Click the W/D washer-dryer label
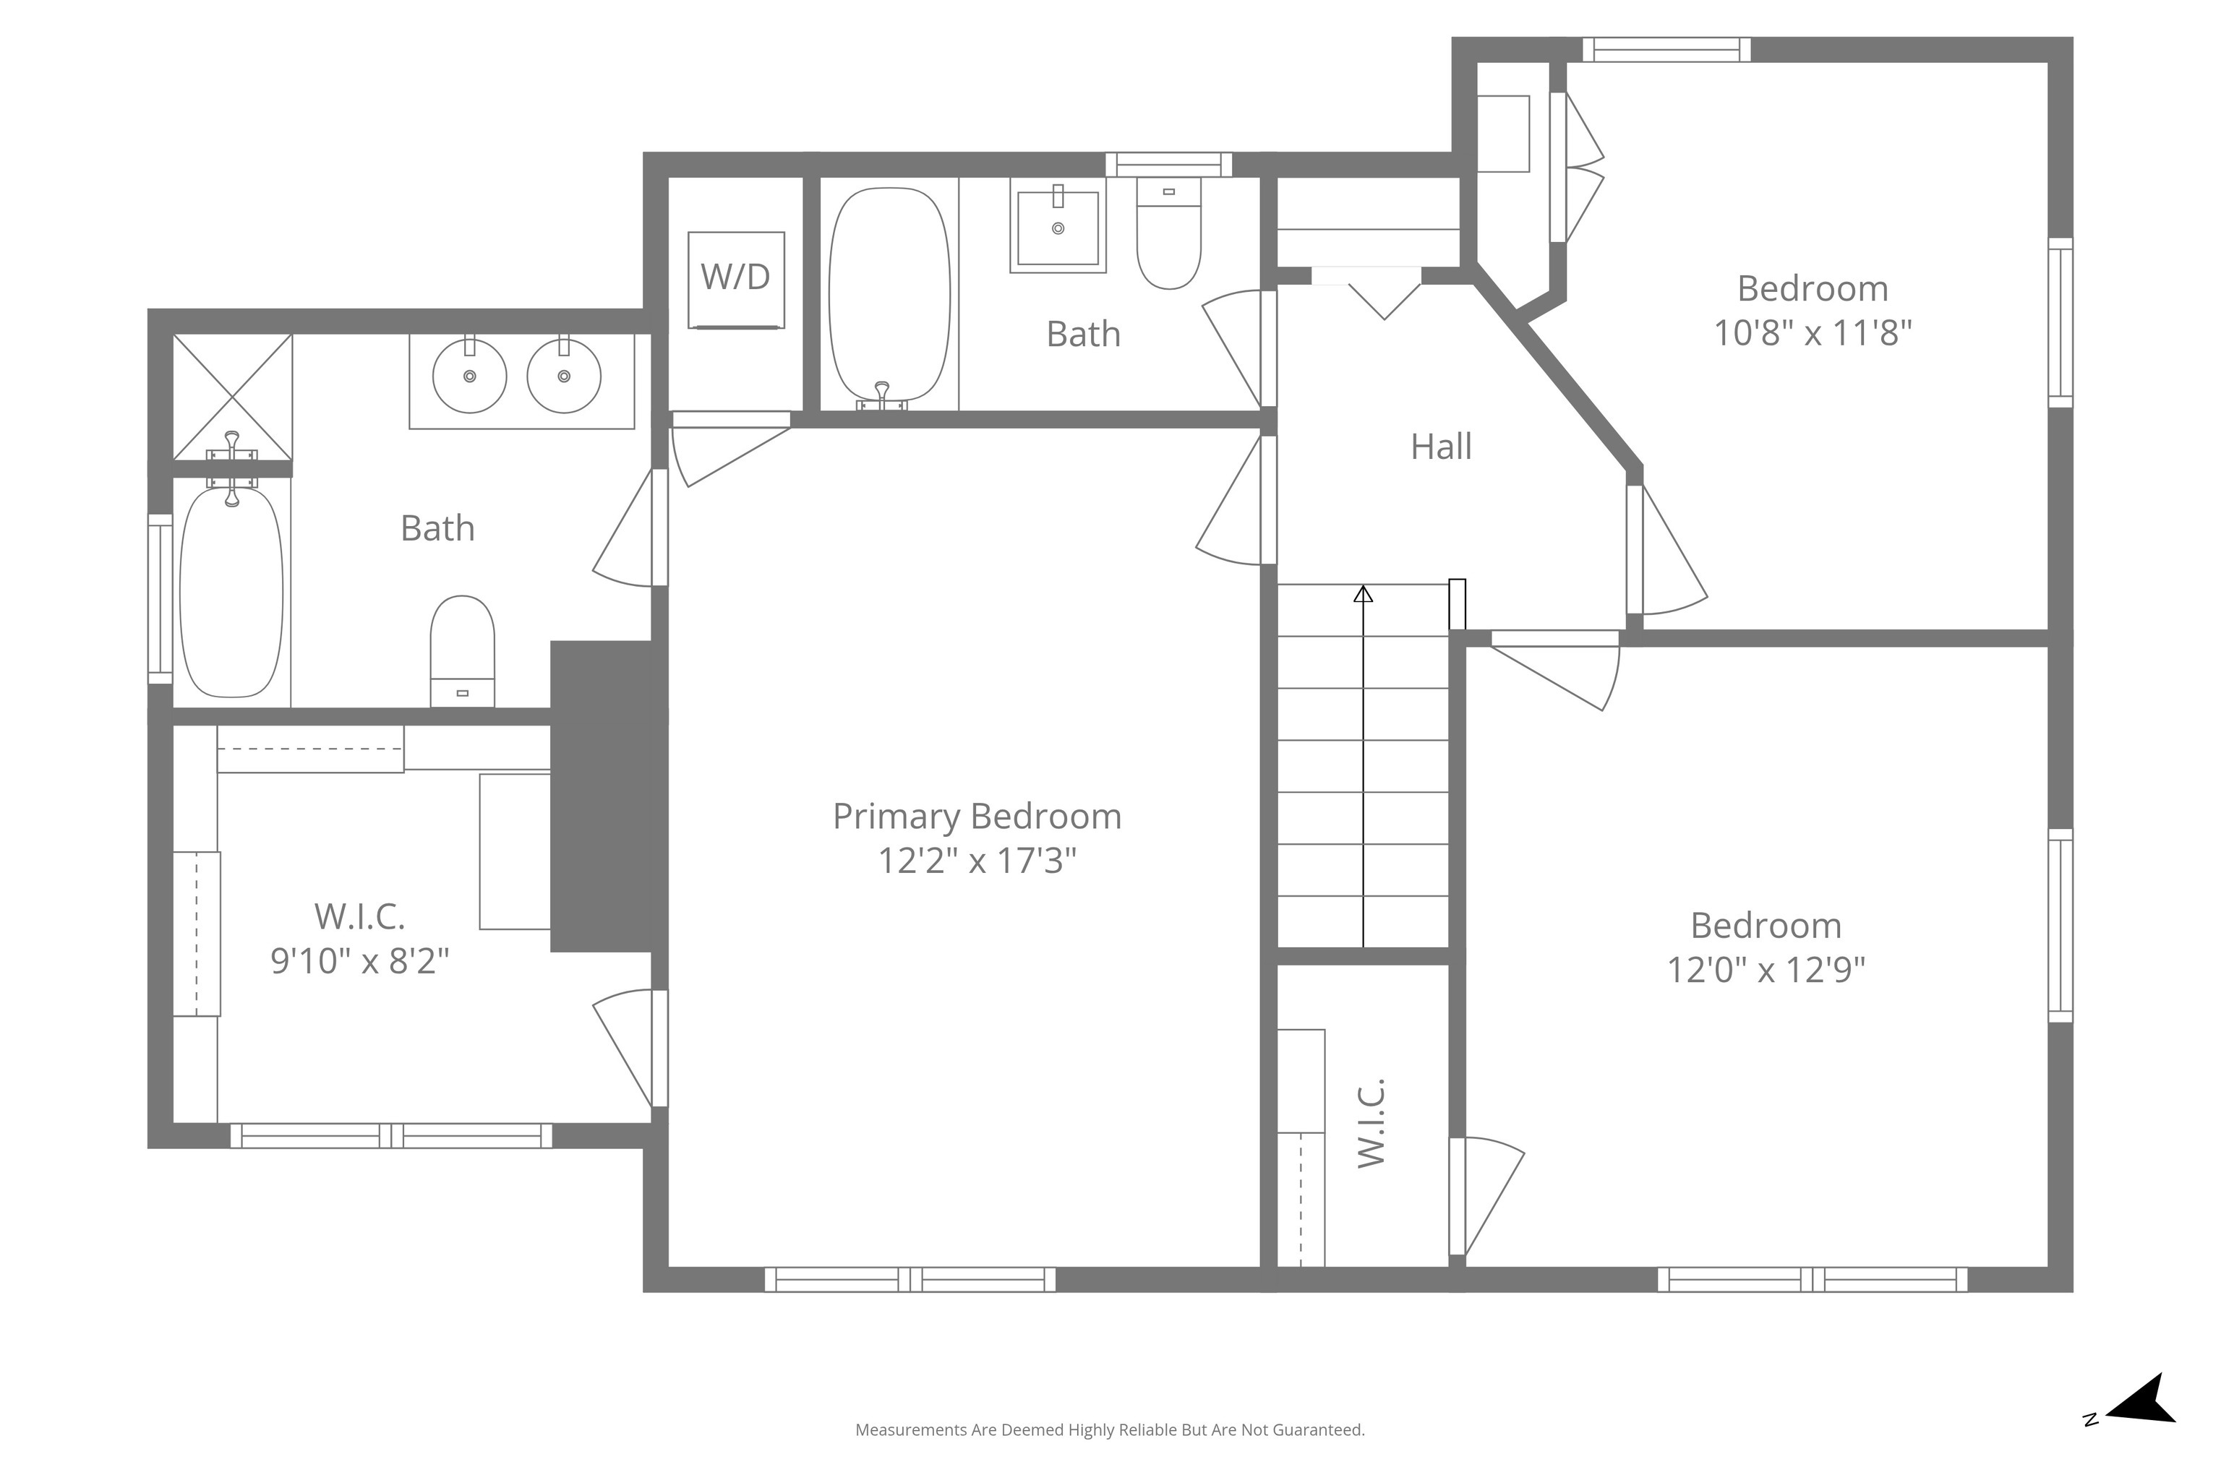(x=735, y=277)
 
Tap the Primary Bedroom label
(x=977, y=817)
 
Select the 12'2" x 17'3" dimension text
(x=977, y=861)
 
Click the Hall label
(x=1441, y=447)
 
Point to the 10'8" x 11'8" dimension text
(x=1813, y=333)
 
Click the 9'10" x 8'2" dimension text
(x=360, y=961)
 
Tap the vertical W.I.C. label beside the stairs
(x=1371, y=1122)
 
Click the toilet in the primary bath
(x=463, y=651)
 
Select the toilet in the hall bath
(x=1169, y=233)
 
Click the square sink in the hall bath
(x=1058, y=228)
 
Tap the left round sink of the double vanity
(x=469, y=376)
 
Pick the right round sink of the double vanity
(x=564, y=376)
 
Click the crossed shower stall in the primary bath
(x=232, y=397)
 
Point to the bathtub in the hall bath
(x=889, y=297)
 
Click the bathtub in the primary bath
(x=231, y=590)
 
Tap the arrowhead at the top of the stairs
(x=1363, y=594)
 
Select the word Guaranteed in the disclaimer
(x=1317, y=1456)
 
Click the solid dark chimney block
(x=602, y=796)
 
